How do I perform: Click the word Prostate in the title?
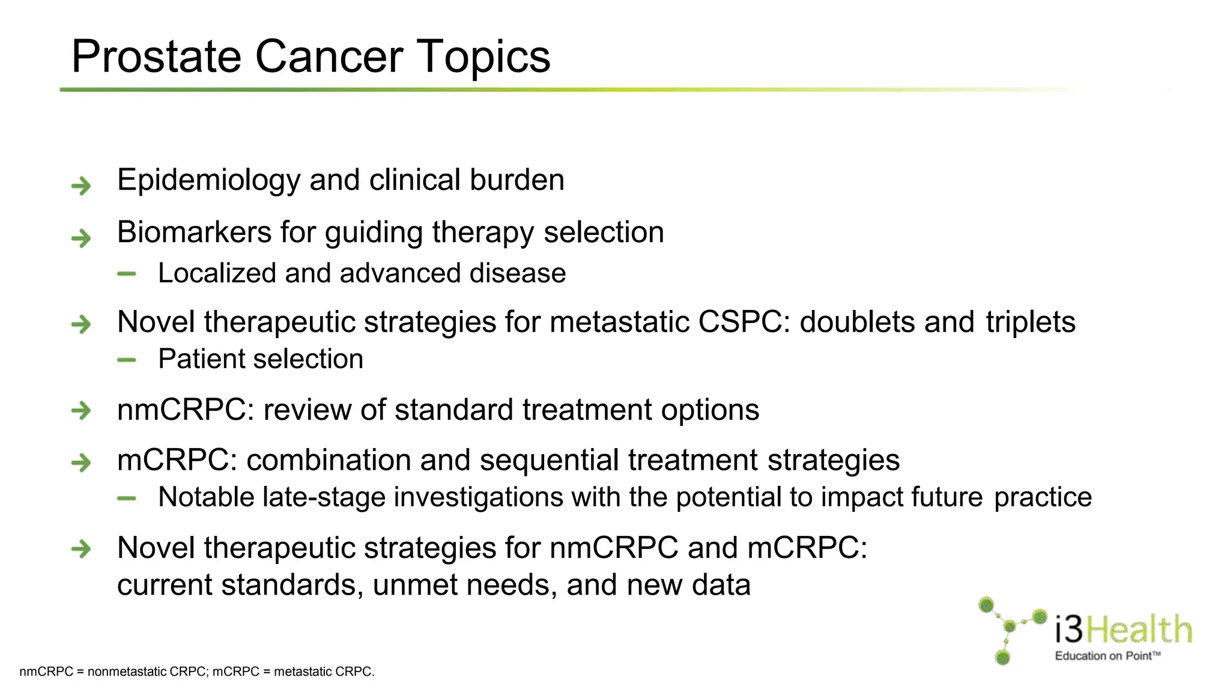157,57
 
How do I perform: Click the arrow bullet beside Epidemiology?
81,186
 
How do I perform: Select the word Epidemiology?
208,180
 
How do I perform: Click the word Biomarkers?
194,232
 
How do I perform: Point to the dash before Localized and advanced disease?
127,275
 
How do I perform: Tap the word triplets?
1030,322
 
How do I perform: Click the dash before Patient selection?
127,360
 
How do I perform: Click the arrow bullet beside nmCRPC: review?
81,411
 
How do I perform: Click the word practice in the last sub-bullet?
1043,497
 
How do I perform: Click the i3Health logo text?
1123,630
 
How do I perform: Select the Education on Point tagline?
1107,656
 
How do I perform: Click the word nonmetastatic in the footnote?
127,672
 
